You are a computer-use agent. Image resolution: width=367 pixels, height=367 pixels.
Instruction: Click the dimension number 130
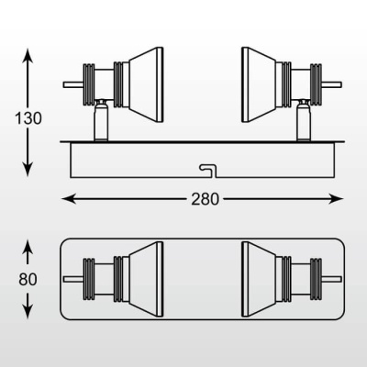[x=28, y=118]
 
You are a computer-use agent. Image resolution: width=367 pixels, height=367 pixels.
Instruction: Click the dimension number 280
[x=206, y=199]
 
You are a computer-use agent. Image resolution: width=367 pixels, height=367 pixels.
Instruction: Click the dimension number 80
[x=28, y=279]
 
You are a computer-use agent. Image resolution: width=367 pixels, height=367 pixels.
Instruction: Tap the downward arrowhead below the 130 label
[x=28, y=170]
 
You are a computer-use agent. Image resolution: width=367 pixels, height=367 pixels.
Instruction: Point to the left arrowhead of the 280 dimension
[x=69, y=199]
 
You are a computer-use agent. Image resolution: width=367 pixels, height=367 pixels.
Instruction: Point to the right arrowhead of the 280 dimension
[x=336, y=199]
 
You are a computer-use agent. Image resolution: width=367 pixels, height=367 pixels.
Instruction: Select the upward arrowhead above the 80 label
[x=28, y=247]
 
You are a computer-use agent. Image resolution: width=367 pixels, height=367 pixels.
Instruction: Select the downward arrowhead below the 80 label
[x=28, y=312]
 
